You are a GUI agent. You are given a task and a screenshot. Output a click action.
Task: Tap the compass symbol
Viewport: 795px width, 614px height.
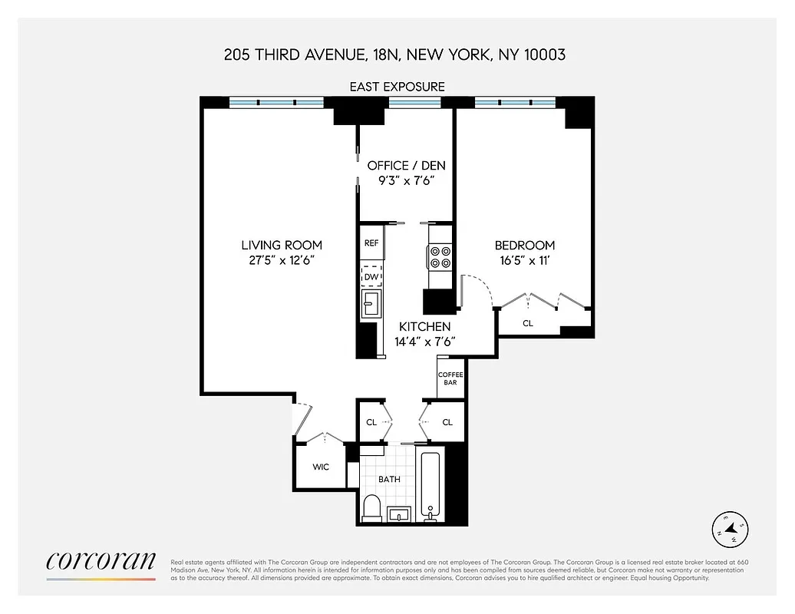coord(731,528)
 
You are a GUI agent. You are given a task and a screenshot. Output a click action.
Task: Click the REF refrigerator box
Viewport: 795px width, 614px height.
coord(372,243)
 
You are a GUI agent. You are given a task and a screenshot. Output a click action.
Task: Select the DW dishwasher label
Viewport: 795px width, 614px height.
coord(372,276)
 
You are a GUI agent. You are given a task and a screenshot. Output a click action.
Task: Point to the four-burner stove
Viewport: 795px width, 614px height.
coord(440,256)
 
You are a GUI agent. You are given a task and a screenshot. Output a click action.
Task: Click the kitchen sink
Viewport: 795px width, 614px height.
coord(371,304)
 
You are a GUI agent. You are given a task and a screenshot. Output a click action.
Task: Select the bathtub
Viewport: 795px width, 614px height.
coord(430,485)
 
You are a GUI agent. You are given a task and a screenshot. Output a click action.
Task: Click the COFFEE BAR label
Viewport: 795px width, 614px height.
coord(450,378)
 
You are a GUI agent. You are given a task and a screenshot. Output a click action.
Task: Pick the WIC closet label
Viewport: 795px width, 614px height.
coord(321,467)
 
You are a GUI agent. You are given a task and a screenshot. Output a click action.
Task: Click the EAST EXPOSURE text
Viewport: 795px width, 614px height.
coord(397,87)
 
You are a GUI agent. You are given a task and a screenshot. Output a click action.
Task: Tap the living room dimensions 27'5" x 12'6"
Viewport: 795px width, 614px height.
coord(282,259)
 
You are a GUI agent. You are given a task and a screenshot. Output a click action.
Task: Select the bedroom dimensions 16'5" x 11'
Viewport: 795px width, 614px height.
coord(524,259)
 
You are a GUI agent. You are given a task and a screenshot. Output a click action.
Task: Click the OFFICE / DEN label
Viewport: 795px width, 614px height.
coord(406,166)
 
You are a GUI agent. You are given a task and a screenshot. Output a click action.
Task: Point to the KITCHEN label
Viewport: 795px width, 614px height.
coord(424,327)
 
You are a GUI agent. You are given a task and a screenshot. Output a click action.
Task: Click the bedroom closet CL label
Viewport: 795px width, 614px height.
coord(528,323)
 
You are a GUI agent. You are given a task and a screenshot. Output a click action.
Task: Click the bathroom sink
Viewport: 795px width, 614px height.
coord(399,513)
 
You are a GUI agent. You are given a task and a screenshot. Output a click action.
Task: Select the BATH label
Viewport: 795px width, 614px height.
coord(390,479)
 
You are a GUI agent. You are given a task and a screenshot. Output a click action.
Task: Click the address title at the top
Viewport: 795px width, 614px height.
coord(395,54)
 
